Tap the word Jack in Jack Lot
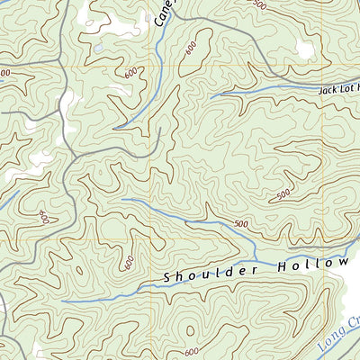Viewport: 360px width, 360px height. [x=329, y=89]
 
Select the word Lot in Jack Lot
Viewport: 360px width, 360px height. [x=349, y=88]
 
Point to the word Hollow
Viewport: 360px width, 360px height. [x=317, y=264]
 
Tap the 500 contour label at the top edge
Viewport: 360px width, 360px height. [x=261, y=5]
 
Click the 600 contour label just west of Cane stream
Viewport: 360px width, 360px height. [x=131, y=72]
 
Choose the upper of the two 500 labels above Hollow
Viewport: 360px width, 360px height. [x=283, y=193]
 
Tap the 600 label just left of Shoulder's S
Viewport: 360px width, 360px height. [x=129, y=263]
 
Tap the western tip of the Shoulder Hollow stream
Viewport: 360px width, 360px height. [x=63, y=301]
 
